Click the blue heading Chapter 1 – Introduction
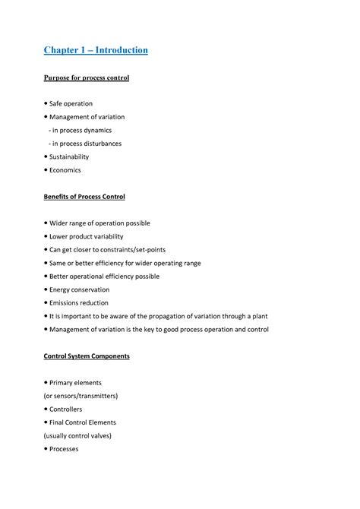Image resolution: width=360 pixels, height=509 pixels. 95,50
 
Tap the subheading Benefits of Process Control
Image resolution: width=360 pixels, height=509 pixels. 84,196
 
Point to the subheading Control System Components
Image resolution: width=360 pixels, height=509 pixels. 86,356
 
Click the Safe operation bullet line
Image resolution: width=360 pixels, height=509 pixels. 71,103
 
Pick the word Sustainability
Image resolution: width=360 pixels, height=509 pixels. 74,156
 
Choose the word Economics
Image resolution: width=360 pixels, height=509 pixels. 65,169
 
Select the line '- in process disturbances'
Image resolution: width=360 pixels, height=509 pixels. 84,143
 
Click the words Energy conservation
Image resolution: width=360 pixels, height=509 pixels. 79,289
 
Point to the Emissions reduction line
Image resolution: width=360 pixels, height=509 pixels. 79,302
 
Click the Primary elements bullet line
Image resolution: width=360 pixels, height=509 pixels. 75,382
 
